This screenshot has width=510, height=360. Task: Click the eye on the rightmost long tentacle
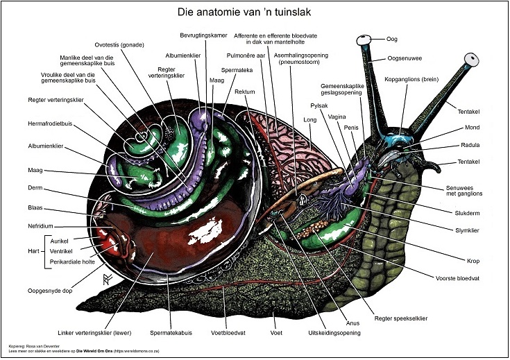tap(474, 60)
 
